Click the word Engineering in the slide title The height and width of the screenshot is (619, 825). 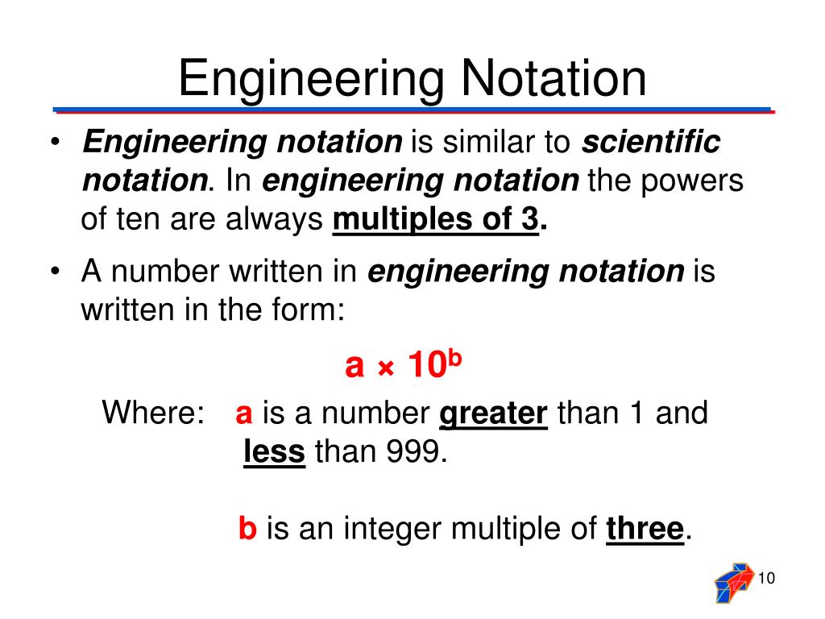(310, 79)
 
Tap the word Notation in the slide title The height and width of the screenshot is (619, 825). (553, 79)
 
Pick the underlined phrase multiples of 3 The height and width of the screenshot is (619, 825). (435, 219)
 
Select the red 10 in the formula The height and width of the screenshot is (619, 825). (426, 366)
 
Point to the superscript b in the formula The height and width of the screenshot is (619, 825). (454, 357)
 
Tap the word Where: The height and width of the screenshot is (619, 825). (153, 414)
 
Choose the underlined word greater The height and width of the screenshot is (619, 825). (493, 414)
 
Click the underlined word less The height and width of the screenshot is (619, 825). (274, 452)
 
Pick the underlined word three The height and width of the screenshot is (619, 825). (645, 530)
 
